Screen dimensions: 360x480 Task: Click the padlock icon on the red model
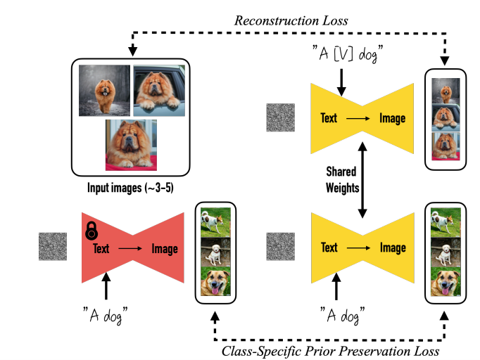pyautogui.click(x=91, y=231)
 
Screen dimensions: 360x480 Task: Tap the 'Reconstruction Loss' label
pyautogui.click(x=291, y=20)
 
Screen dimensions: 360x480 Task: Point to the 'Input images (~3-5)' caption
pyautogui.click(x=132, y=188)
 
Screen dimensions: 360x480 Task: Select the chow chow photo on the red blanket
pyautogui.click(x=131, y=145)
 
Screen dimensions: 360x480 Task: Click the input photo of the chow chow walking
pyautogui.click(x=104, y=90)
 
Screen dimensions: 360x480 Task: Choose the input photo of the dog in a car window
pyautogui.click(x=160, y=90)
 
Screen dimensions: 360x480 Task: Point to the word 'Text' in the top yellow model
pyautogui.click(x=329, y=118)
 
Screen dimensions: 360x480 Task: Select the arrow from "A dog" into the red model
pyautogui.click(x=106, y=286)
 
